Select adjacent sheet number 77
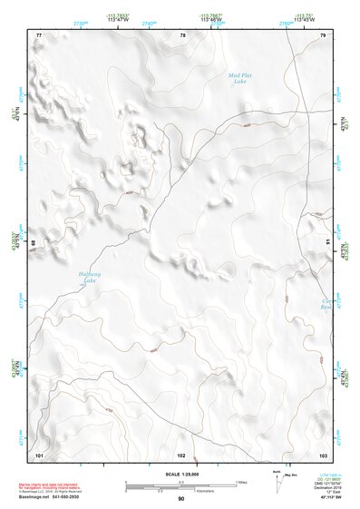pyautogui.click(x=39, y=35)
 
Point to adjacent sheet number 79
pyautogui.click(x=323, y=35)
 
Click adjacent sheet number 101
pyautogui.click(x=39, y=453)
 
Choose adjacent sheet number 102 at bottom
pyautogui.click(x=181, y=453)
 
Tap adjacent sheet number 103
pyautogui.click(x=322, y=453)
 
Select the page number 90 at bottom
pyautogui.click(x=180, y=498)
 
